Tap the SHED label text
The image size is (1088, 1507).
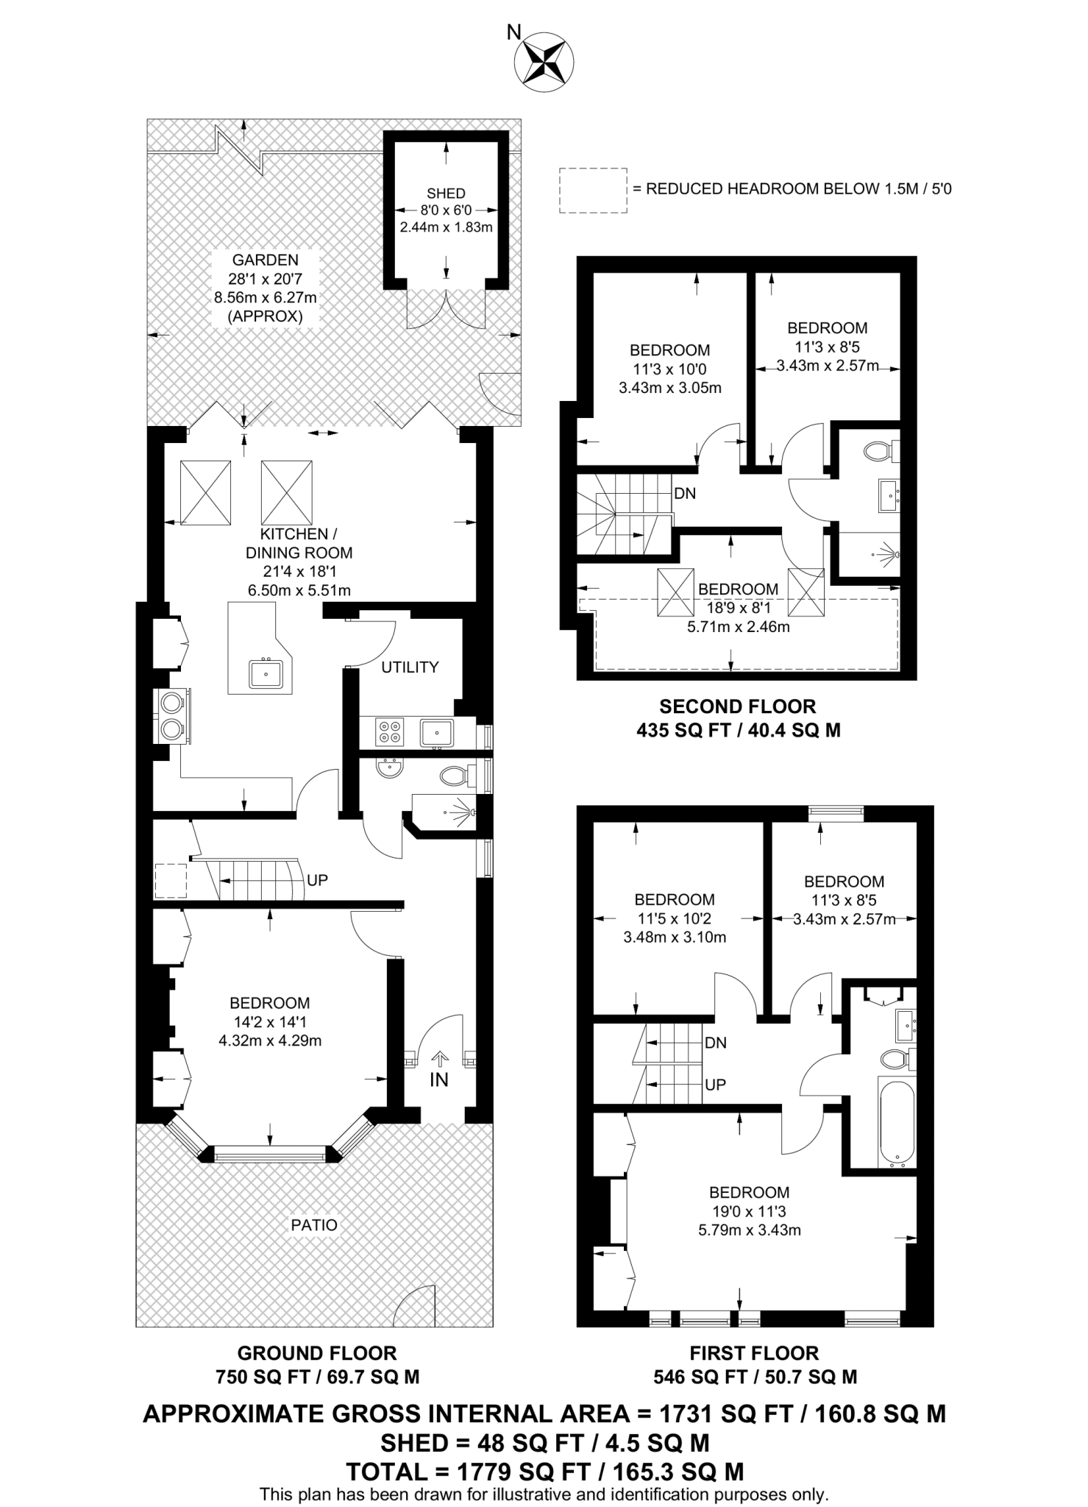446,194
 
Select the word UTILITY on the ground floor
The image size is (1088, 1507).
410,667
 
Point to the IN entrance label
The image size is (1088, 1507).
439,1080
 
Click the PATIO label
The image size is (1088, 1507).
314,1225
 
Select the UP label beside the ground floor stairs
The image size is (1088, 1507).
317,880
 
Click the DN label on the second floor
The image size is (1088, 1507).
685,494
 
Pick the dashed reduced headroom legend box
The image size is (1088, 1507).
593,191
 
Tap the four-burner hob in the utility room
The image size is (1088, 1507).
390,731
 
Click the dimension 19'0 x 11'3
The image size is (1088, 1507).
749,1211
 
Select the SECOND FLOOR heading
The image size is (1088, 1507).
737,707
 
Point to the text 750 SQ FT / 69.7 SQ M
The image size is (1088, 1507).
317,1377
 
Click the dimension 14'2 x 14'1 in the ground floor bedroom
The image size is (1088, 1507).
270,1022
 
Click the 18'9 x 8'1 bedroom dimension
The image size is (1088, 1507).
738,609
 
